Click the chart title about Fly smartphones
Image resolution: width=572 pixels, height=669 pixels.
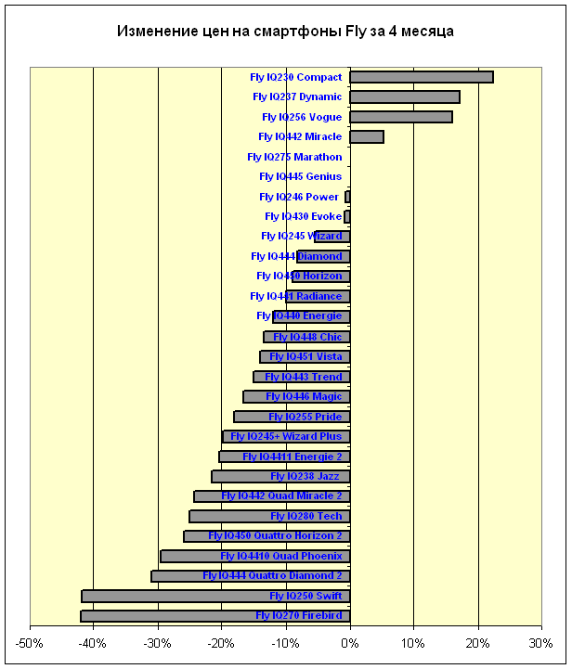tap(285, 32)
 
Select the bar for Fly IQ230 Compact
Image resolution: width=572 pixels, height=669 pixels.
tap(421, 77)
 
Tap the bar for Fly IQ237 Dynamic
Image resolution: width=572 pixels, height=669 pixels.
tap(404, 97)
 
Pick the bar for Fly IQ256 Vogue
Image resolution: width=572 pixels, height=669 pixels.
tap(400, 117)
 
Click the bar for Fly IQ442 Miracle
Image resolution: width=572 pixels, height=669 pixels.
tap(366, 137)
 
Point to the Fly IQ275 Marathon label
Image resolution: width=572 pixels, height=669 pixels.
tap(294, 157)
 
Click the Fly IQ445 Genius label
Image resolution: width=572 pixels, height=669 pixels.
tap(300, 176)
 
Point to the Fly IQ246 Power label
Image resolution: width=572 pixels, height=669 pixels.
tap(299, 197)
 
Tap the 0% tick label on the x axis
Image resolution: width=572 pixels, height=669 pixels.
tap(350, 642)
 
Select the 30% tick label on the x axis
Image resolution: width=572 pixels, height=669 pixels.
tap(541, 642)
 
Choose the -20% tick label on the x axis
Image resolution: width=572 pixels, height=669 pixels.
tap(221, 642)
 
